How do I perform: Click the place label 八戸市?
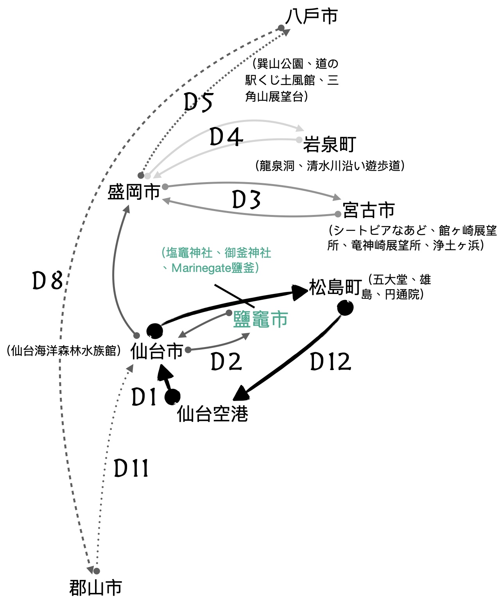click(312, 17)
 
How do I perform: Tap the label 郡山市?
click(95, 587)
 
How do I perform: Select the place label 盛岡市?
click(134, 192)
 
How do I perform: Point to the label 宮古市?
click(369, 210)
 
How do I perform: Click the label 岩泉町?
click(330, 145)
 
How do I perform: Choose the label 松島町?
click(335, 287)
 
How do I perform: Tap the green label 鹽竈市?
click(260, 319)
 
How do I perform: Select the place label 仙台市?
click(157, 351)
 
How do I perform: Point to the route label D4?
click(226, 138)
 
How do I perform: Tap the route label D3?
click(246, 200)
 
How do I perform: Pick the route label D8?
click(47, 281)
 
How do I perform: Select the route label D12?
click(330, 362)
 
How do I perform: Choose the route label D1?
click(143, 397)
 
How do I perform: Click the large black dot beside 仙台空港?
click(172, 397)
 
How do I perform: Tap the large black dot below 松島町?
click(345, 308)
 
